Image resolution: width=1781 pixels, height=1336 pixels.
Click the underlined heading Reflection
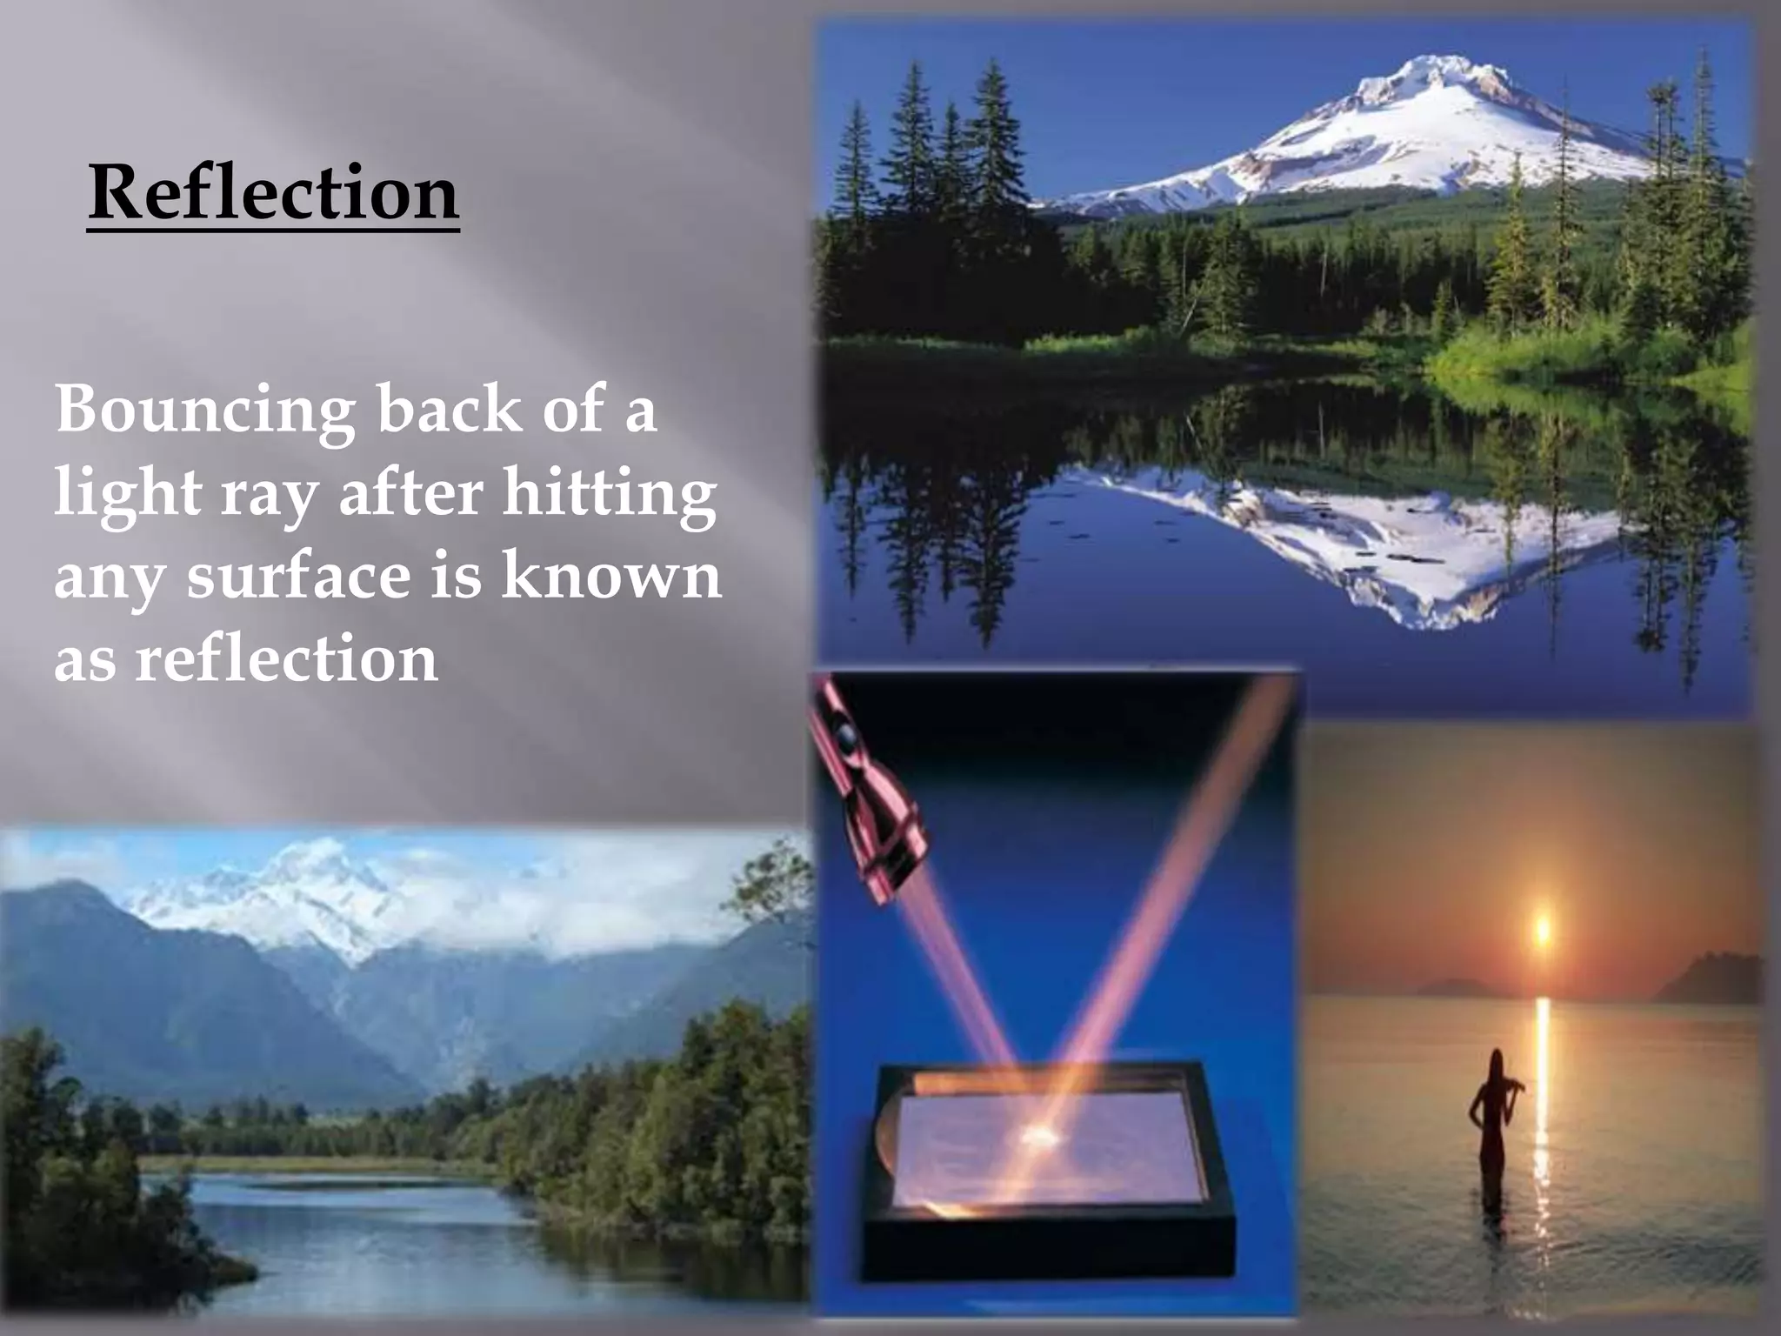pyautogui.click(x=273, y=193)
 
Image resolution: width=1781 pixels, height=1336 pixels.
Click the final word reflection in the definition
pyautogui.click(x=286, y=658)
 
